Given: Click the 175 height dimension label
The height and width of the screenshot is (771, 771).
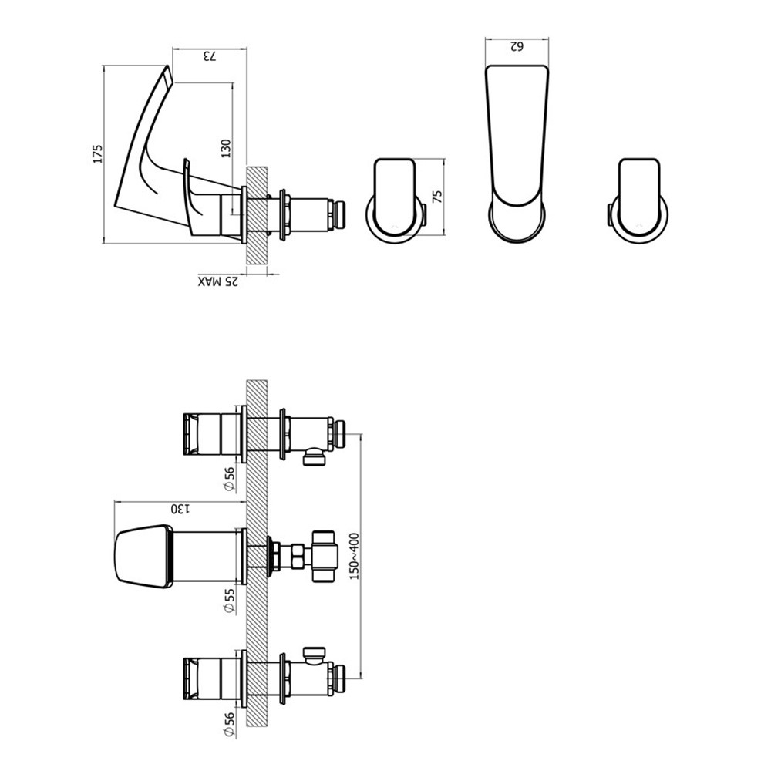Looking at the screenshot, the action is tap(99, 153).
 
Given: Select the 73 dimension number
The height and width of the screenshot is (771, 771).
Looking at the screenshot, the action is tap(210, 56).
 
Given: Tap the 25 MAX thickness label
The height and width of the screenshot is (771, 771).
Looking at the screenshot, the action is tap(218, 281).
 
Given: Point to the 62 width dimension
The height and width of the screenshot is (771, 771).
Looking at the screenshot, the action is tap(517, 46).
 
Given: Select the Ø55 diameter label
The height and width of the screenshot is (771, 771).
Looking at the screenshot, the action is tap(229, 601).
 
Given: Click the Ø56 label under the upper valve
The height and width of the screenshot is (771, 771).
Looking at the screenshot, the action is tap(229, 479).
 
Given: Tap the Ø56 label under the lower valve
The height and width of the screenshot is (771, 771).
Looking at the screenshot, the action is tap(229, 725).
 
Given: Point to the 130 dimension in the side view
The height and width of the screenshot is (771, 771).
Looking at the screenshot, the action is tap(226, 149).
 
